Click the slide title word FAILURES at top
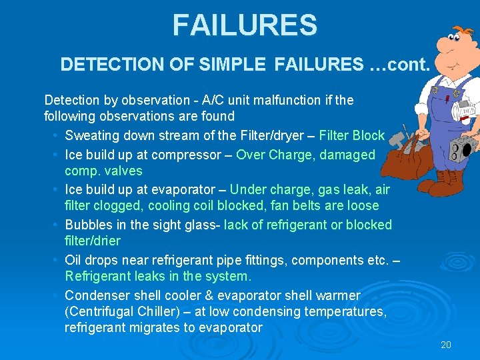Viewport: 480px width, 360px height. click(x=245, y=26)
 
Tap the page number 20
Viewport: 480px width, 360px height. click(x=446, y=345)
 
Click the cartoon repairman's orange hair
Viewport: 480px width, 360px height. click(x=460, y=33)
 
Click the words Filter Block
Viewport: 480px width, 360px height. click(x=352, y=136)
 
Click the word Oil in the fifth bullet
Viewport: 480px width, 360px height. click(x=73, y=260)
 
